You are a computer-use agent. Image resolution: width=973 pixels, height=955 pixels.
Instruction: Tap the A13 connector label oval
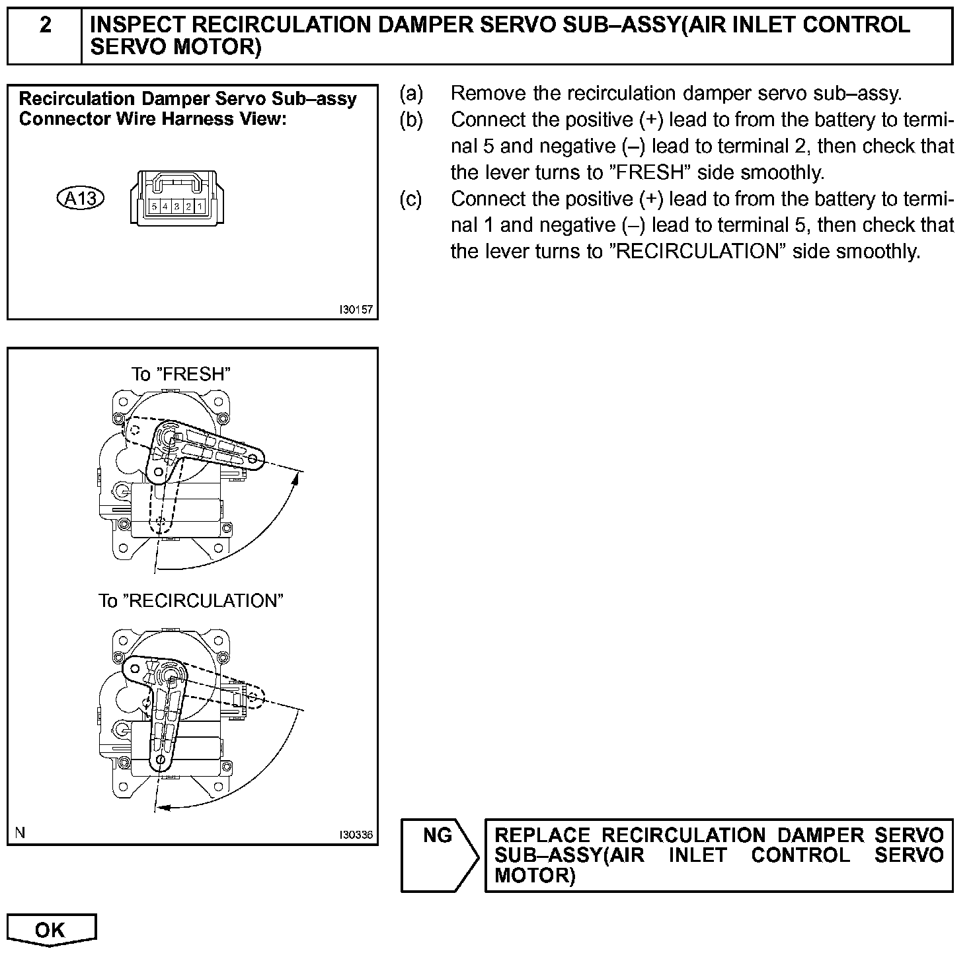coord(81,197)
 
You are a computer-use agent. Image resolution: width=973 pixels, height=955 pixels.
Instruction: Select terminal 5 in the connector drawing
coord(153,207)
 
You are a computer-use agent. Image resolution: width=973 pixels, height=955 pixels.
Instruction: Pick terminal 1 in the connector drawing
coord(199,207)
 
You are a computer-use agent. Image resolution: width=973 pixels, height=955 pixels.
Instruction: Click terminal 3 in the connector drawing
coord(176,207)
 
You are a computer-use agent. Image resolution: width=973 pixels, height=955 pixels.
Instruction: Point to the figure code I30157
coord(356,309)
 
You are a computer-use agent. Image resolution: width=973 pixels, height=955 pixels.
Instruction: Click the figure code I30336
coord(356,835)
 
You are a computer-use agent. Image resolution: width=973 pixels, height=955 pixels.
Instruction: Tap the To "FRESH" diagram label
coord(181,374)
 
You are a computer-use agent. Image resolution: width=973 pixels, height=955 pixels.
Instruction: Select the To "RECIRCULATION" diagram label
coord(190,601)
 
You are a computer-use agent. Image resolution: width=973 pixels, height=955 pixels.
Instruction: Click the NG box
coord(437,836)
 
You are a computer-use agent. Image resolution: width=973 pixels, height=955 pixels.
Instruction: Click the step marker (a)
coord(410,94)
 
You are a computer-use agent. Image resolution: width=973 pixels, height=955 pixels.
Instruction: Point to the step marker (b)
coord(410,120)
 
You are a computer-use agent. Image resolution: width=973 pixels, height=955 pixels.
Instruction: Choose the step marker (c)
coord(410,199)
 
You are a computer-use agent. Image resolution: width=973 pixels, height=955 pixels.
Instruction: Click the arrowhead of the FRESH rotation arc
coord(297,478)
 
